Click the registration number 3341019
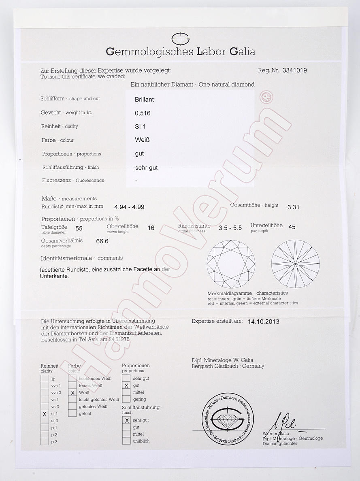pyautogui.click(x=294, y=70)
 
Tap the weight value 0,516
pyautogui.click(x=143, y=113)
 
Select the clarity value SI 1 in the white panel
pyautogui.click(x=141, y=126)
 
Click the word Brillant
pyautogui.click(x=144, y=99)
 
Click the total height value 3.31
pyautogui.click(x=293, y=207)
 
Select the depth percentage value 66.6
pyautogui.click(x=102, y=241)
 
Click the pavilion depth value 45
pyautogui.click(x=292, y=227)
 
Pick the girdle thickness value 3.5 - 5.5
pyautogui.click(x=230, y=228)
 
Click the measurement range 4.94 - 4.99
pyautogui.click(x=129, y=207)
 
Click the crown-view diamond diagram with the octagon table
pyautogui.click(x=231, y=264)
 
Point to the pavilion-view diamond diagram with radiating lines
pyautogui.click(x=296, y=264)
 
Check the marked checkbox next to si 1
pyautogui.click(x=45, y=414)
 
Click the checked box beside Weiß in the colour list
pyautogui.click(x=72, y=393)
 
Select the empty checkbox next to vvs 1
pyautogui.click(x=45, y=386)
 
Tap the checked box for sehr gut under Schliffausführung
pyautogui.click(x=126, y=420)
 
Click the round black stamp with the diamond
pyautogui.click(x=228, y=418)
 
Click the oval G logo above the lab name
pyautogui.click(x=181, y=39)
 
